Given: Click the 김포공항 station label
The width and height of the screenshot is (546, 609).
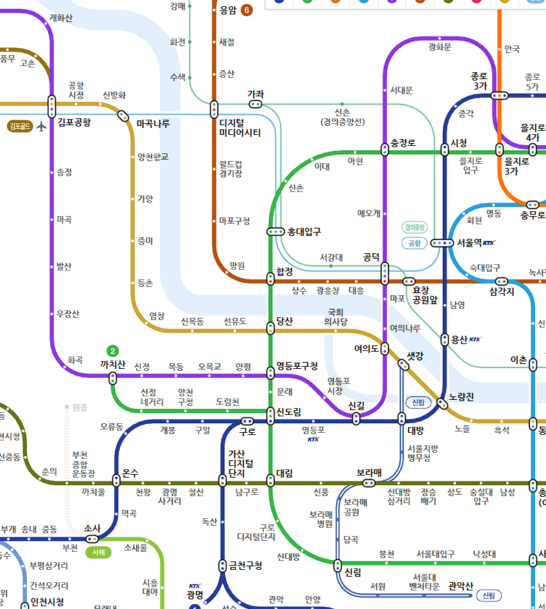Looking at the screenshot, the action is tap(74, 123).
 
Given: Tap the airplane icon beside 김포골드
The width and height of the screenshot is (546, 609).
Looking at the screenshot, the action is tap(42, 126).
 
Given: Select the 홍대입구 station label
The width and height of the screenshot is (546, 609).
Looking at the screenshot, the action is tap(304, 232).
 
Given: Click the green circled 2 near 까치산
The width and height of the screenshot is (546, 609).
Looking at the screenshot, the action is tap(113, 350).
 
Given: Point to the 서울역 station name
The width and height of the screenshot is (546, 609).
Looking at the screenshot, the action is tap(469, 243).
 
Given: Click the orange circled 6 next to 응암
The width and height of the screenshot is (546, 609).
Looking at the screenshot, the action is tap(247, 10).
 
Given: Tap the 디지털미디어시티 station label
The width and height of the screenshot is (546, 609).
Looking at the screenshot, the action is tap(239, 128).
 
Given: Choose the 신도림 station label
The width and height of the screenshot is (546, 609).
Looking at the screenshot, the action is tap(288, 412).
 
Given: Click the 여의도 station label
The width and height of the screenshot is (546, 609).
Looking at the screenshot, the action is tap(366, 349).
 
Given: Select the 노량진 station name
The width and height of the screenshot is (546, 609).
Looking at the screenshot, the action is tap(461, 397).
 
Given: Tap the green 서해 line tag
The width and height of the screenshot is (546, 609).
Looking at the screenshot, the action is tap(98, 553).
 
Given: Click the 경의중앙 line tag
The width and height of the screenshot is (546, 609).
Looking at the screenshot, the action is tap(415, 227).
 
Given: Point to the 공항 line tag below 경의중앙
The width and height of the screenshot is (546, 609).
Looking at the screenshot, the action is tap(415, 243).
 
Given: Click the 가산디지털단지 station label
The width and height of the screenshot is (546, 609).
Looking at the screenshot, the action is tap(241, 464).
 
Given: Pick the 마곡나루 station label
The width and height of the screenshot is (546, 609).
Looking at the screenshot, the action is tap(153, 124).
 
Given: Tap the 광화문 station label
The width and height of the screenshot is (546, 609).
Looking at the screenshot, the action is tap(439, 47).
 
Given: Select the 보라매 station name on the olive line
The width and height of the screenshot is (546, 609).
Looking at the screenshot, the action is tap(369, 473).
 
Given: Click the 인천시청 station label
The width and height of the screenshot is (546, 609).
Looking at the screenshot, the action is tap(47, 602).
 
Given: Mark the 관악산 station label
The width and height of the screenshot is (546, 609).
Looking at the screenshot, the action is tap(460, 586).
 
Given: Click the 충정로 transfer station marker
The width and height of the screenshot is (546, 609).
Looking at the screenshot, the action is tap(385, 149).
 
